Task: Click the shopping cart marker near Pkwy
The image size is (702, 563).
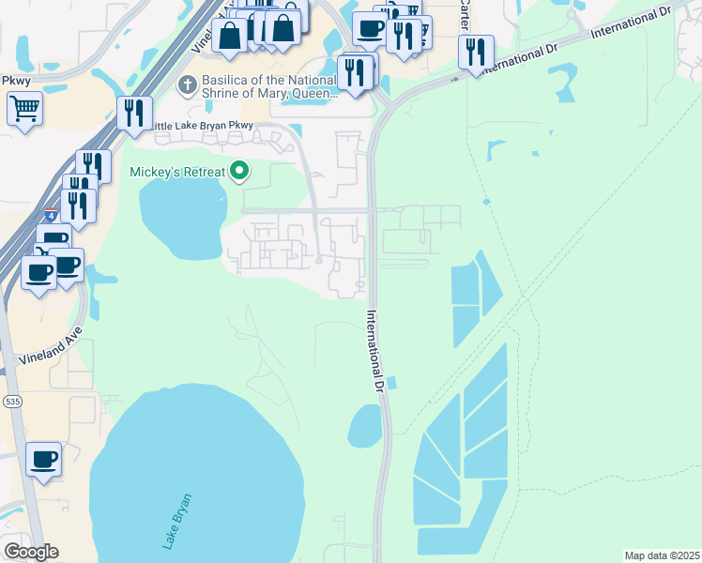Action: [25, 108]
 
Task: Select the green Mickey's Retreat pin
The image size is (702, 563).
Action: [240, 171]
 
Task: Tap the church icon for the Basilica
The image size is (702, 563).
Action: [187, 84]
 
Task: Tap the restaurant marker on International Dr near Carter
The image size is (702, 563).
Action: [476, 52]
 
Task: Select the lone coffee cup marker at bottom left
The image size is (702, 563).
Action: [44, 460]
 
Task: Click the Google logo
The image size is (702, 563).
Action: [31, 551]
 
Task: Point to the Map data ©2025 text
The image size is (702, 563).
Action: [661, 555]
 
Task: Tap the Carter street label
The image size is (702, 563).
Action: [464, 12]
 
